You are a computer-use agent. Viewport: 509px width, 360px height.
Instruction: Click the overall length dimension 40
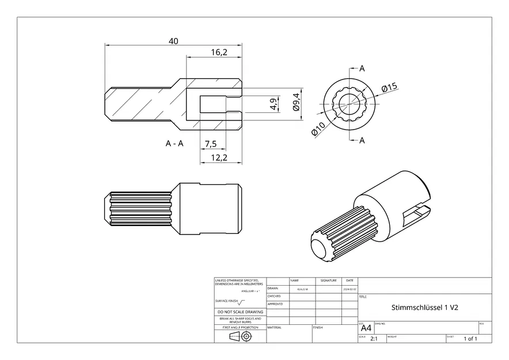[173, 40]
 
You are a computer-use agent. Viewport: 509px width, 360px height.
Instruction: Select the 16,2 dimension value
[219, 52]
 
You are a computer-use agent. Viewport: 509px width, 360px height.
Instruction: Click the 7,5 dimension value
[210, 143]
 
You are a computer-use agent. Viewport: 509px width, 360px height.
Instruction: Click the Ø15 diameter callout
[389, 88]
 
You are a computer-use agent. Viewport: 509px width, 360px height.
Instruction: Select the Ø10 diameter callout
[318, 128]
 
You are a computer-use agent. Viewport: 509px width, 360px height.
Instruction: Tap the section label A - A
[174, 143]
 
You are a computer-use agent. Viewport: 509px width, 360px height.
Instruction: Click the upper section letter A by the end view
[362, 69]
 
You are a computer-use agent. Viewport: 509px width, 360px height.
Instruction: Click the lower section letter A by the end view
[362, 141]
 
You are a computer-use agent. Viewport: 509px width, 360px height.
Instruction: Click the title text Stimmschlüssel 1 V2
[424, 308]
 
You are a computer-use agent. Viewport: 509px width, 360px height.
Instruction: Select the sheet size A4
[366, 328]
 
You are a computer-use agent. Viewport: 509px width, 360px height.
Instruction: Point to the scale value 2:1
[373, 339]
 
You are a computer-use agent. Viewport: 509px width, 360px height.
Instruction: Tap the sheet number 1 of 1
[470, 339]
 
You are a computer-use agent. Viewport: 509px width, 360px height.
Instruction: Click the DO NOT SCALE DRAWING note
[240, 312]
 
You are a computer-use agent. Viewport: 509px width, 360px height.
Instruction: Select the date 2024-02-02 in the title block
[350, 289]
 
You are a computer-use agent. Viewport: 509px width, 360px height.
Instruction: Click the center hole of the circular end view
[350, 104]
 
